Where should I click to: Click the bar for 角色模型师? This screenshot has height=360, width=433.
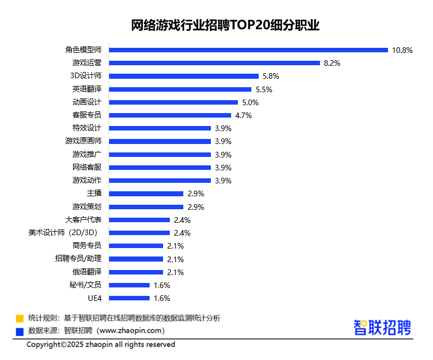(x=248, y=50)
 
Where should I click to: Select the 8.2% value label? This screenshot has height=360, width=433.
(x=332, y=63)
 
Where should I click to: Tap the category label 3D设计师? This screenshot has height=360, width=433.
(x=85, y=76)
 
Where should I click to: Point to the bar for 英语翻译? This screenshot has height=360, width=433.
(x=179, y=89)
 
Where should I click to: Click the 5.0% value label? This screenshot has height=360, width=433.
(x=250, y=102)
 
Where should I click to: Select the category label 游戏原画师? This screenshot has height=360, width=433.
(x=83, y=141)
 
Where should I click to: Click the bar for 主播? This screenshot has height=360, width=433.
(x=146, y=193)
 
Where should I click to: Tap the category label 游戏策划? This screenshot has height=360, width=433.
(x=87, y=206)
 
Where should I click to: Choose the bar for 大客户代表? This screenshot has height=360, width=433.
(x=139, y=219)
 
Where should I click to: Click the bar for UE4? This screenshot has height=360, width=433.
(x=129, y=298)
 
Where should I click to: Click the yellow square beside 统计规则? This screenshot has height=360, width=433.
(x=20, y=318)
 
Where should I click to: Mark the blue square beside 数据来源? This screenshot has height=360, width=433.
(x=20, y=331)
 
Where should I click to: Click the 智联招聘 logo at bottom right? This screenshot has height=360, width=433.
(x=382, y=327)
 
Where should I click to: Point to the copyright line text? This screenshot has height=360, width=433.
(x=101, y=344)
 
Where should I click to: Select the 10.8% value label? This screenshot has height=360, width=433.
(x=402, y=50)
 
